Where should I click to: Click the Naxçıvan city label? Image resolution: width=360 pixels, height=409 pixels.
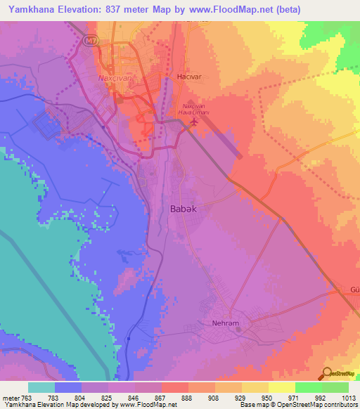115,77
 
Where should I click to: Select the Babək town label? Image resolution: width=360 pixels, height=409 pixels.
184,209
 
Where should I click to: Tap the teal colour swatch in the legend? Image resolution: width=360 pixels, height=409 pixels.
41,387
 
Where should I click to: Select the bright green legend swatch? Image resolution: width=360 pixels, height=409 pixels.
308,387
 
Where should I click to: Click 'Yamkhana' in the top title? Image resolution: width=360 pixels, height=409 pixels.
27,10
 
